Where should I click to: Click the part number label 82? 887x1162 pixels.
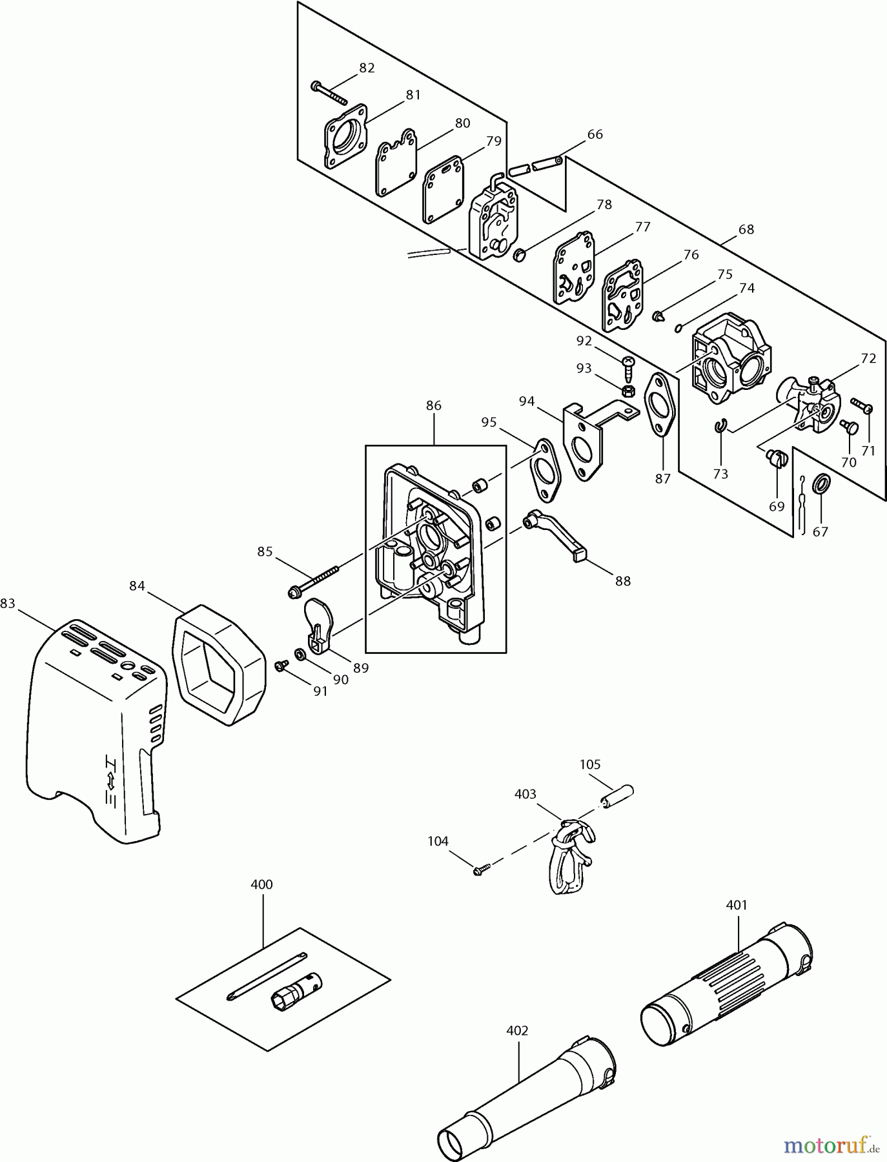point(367,68)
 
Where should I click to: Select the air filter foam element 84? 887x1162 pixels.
point(219,665)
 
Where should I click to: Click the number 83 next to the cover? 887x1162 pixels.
point(8,603)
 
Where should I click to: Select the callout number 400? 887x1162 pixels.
point(261,884)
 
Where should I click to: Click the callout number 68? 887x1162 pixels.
point(746,229)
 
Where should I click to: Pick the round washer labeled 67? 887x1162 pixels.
point(821,484)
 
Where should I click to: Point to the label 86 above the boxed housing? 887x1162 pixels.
point(433,405)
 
